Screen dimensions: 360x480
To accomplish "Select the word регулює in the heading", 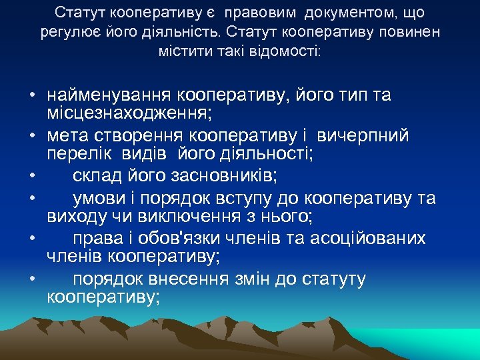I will point(64,33).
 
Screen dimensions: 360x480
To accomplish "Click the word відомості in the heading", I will point(283,51).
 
